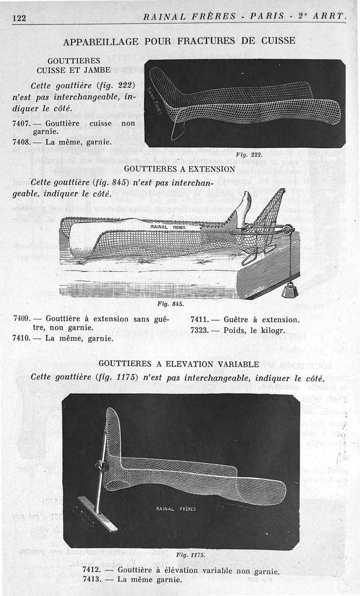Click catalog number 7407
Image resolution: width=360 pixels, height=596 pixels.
pyautogui.click(x=22, y=123)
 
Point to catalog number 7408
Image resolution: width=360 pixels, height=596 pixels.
pyautogui.click(x=22, y=142)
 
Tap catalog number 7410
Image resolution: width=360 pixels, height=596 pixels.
pyautogui.click(x=22, y=337)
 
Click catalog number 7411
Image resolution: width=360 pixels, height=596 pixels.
pyautogui.click(x=199, y=320)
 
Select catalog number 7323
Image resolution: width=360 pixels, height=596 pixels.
pyautogui.click(x=199, y=330)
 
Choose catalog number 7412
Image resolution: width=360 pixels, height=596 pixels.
pyautogui.click(x=92, y=570)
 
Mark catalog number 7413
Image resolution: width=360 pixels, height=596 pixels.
pyautogui.click(x=92, y=579)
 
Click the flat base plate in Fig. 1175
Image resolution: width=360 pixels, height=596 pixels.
pyautogui.click(x=97, y=513)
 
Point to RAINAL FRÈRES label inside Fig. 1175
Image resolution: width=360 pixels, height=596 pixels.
pyautogui.click(x=176, y=509)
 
